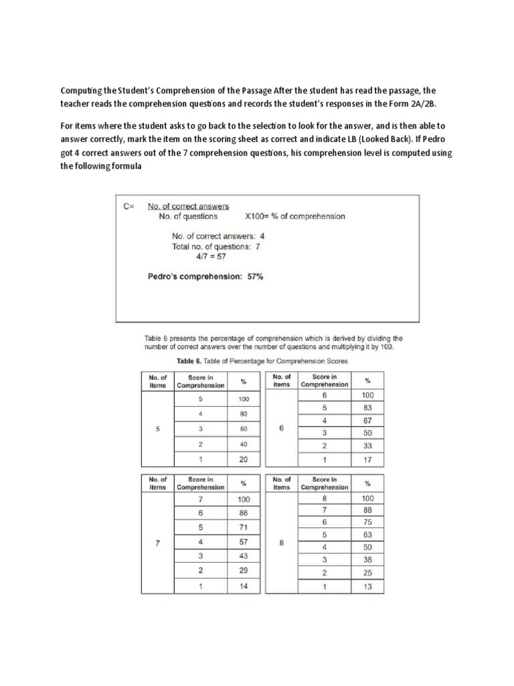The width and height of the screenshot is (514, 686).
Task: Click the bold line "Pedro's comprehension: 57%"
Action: (205, 276)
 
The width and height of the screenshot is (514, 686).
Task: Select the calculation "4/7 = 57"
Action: (207, 257)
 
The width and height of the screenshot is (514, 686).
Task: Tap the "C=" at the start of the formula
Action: (128, 206)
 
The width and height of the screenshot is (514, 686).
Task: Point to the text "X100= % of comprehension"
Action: (295, 216)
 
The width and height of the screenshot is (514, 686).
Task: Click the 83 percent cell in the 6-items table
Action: (368, 408)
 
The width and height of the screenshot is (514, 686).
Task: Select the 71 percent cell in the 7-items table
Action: (244, 527)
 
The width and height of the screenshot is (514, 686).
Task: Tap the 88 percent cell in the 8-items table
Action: (368, 510)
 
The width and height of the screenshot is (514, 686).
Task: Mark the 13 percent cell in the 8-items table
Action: (368, 587)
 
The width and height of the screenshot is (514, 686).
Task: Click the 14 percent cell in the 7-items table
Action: (244, 586)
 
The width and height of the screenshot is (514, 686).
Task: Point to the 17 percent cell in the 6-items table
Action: (368, 459)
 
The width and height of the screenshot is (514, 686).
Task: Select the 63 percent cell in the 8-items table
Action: (368, 535)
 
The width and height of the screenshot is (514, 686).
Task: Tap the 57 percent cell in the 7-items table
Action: (244, 542)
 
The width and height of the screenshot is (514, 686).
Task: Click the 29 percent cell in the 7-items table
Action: (244, 571)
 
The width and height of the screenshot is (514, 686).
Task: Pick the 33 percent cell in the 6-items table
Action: (368, 446)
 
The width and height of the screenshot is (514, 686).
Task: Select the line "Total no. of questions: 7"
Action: (216, 247)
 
